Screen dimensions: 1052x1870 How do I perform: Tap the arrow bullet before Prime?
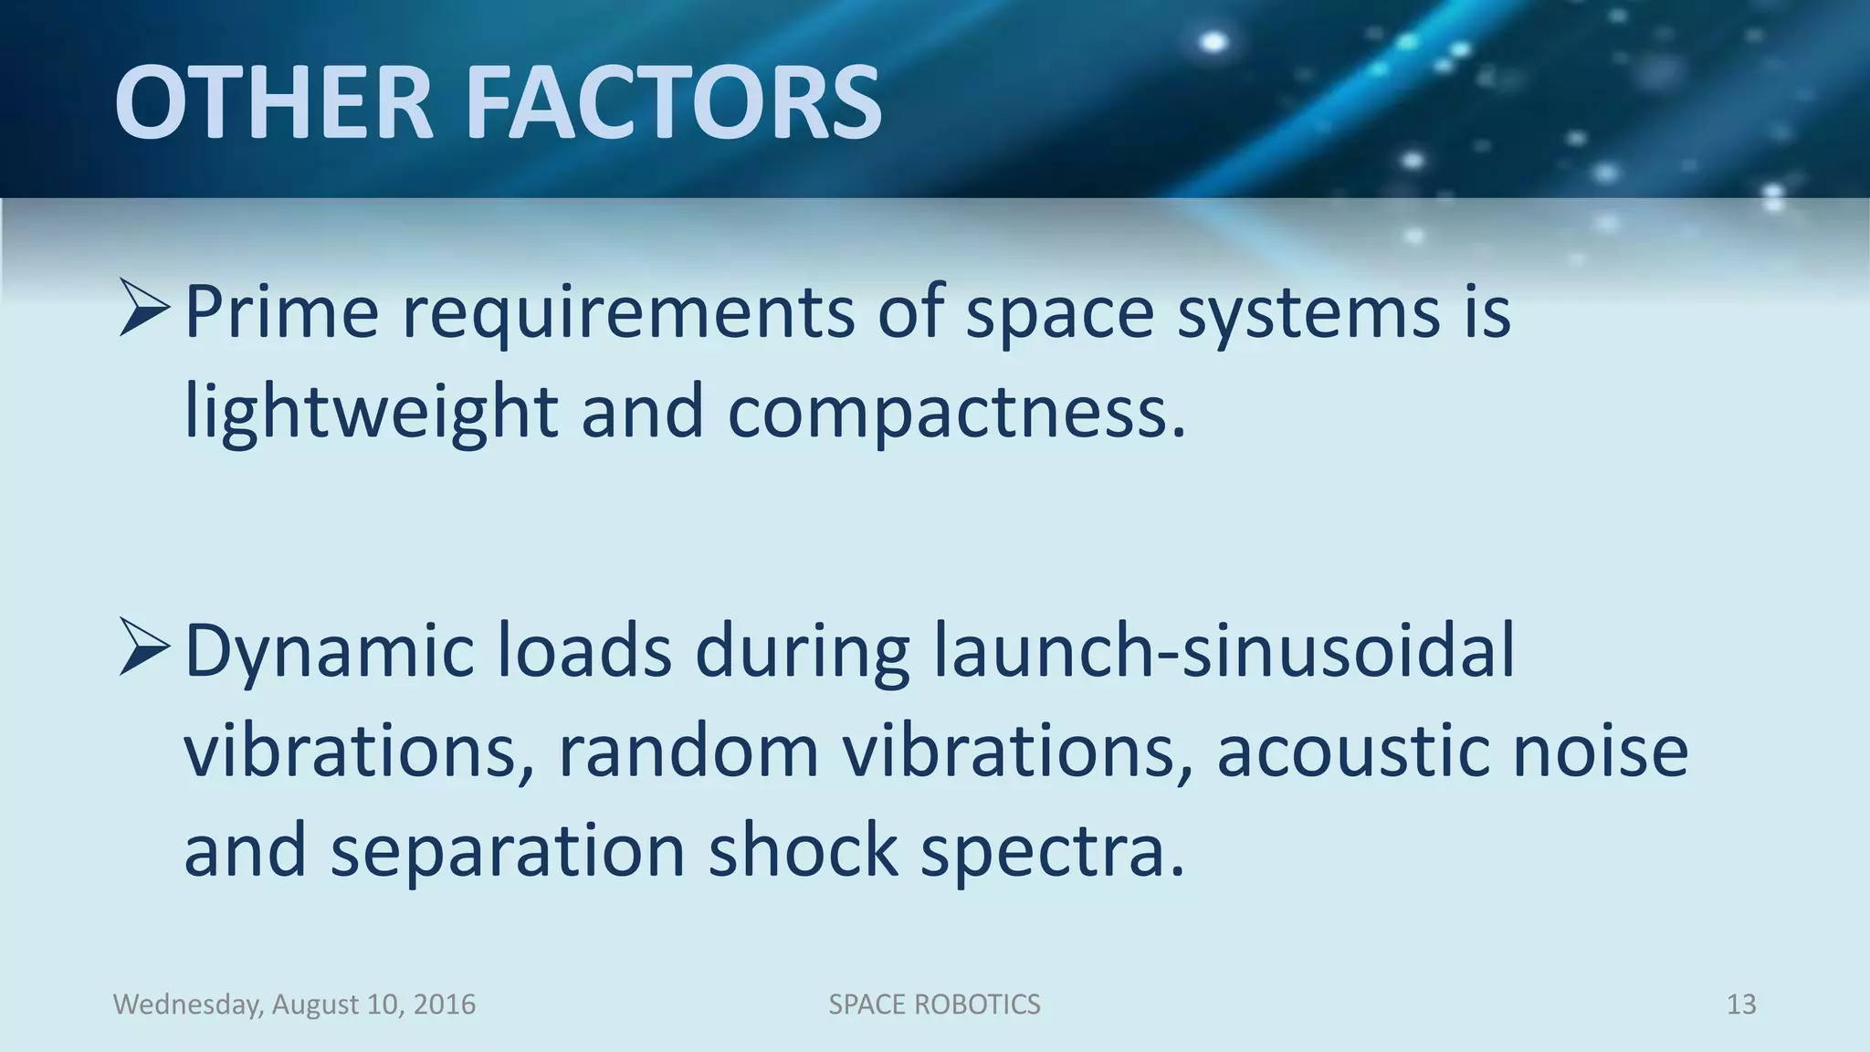click(144, 310)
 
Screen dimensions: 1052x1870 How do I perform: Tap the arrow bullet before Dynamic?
click(144, 647)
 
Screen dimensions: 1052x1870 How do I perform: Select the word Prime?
click(281, 312)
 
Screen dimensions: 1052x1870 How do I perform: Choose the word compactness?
click(956, 413)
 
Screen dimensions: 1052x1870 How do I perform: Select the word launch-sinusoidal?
click(1224, 652)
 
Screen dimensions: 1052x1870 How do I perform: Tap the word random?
click(688, 751)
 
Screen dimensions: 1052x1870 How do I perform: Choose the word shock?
click(803, 849)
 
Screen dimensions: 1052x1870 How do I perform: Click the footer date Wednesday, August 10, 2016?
click(294, 1005)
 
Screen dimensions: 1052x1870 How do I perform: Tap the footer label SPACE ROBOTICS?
click(934, 1005)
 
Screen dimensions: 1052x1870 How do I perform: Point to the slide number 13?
click(1741, 1005)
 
